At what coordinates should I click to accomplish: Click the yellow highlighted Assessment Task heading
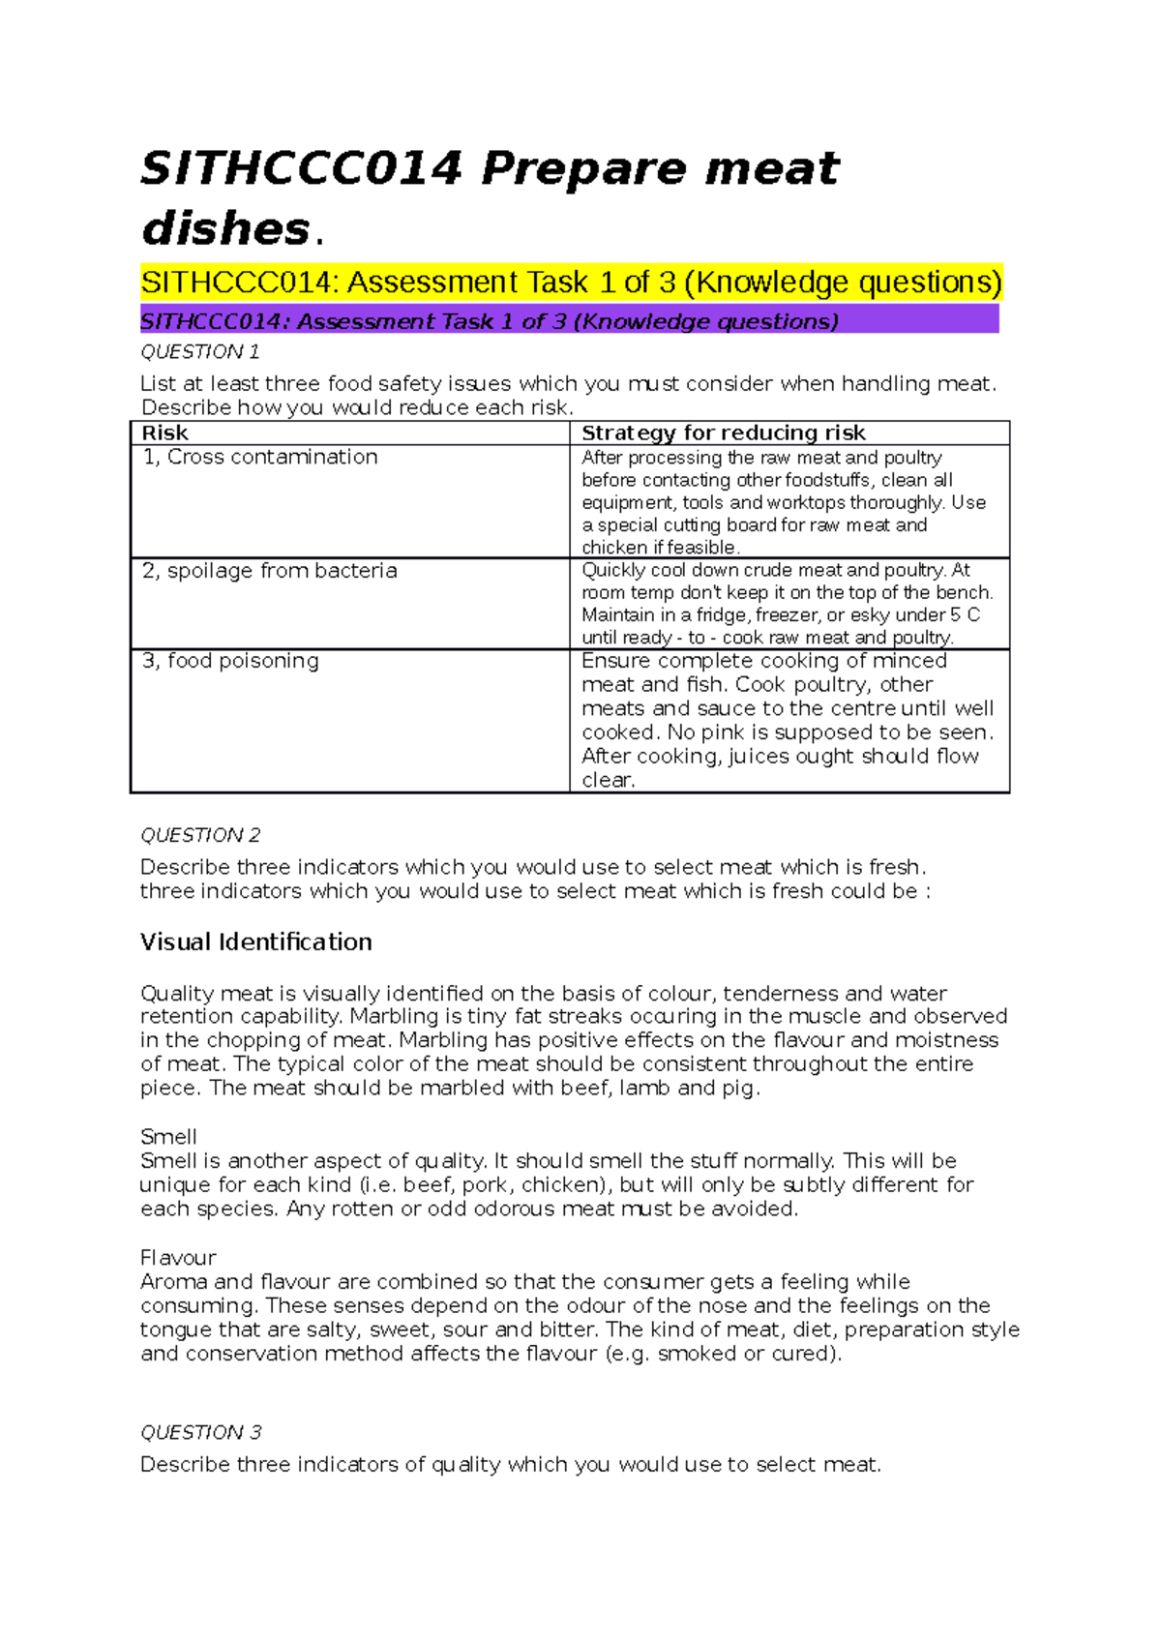[x=571, y=283]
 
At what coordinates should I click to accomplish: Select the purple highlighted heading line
[x=569, y=320]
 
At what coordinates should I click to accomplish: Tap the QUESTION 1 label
[x=199, y=351]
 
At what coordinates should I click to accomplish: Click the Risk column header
[x=164, y=433]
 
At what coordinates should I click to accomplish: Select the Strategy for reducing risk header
[x=723, y=433]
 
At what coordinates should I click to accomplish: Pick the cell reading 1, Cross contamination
[x=260, y=457]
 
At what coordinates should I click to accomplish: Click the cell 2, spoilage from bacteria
[x=269, y=571]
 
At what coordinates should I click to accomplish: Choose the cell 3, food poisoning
[x=230, y=661]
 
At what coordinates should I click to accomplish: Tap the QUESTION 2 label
[x=200, y=835]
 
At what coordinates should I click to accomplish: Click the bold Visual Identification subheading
[x=255, y=941]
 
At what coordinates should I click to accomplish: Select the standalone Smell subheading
[x=168, y=1137]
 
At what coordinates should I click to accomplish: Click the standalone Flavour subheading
[x=178, y=1258]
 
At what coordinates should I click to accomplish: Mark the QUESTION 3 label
[x=200, y=1432]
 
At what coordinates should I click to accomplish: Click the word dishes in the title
[x=224, y=230]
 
